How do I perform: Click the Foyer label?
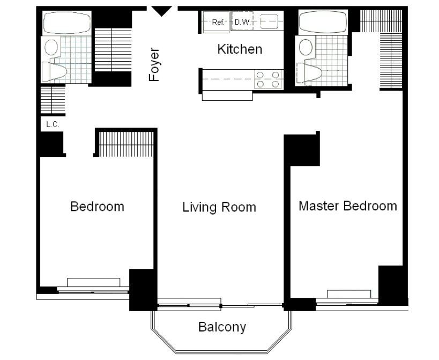point(154,65)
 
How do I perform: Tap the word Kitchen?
point(240,49)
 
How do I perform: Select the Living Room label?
point(219,207)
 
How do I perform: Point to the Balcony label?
point(222,327)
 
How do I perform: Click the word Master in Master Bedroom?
point(318,206)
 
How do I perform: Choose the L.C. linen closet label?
point(53,124)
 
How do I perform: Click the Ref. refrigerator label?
point(218,22)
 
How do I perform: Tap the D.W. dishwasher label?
point(242,22)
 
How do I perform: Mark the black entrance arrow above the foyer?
point(161,11)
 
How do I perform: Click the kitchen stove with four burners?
point(268,79)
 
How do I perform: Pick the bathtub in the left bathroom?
point(66,23)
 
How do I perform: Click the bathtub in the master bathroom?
point(323,23)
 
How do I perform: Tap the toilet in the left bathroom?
point(54,72)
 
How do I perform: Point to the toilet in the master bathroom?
point(309,72)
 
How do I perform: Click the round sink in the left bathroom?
point(51,47)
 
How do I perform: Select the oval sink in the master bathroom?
point(306,47)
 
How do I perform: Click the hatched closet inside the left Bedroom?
point(127,144)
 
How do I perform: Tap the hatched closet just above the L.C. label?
point(53,100)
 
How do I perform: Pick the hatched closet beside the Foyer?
point(113,50)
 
